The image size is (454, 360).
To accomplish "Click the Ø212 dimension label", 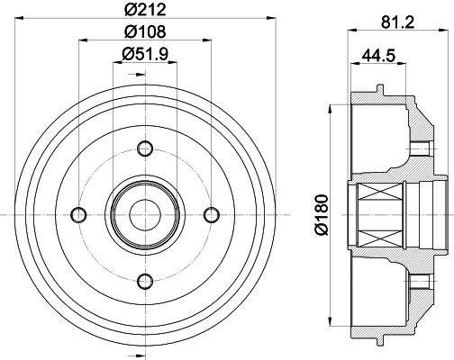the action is (x=145, y=9).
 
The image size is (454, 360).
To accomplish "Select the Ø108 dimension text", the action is (x=145, y=31).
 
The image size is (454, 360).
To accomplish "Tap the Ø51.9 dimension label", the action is (x=145, y=54).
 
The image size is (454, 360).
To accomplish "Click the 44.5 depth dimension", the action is (x=378, y=56).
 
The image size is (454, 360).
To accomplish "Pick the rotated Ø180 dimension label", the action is (x=321, y=214).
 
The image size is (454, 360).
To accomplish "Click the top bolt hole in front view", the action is (x=145, y=148).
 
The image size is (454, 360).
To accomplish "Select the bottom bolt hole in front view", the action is (x=145, y=282).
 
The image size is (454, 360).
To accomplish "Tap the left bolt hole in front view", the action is (x=78, y=215).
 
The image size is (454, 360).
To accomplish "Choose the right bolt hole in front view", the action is (x=212, y=215).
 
